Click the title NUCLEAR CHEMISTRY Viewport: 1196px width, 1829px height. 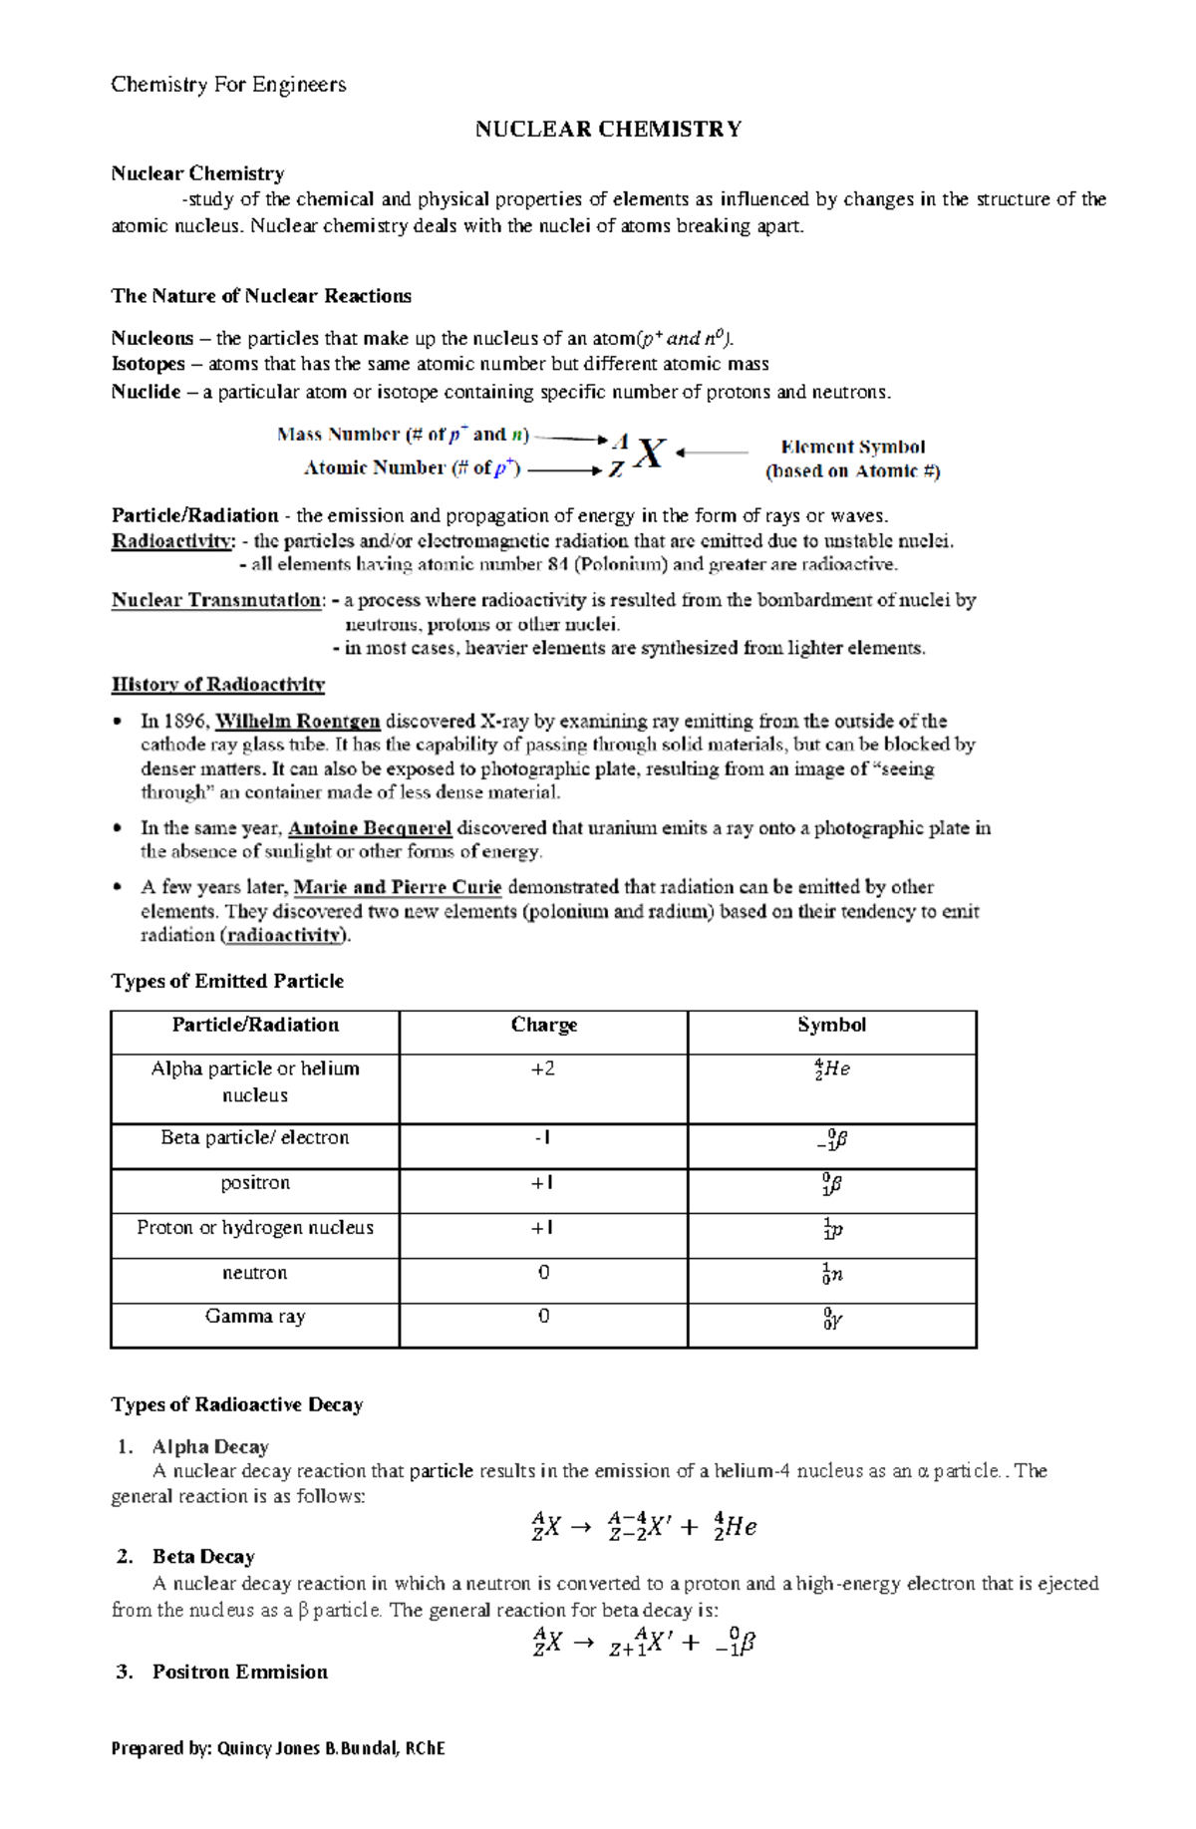tap(608, 130)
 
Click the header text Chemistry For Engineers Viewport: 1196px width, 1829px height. tap(228, 85)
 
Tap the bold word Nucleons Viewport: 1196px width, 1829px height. tap(151, 338)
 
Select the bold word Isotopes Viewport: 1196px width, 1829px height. tap(148, 364)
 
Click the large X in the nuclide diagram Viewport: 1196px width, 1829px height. tap(650, 455)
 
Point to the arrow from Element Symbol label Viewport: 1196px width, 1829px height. tap(712, 453)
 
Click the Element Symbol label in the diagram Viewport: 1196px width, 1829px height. tap(852, 448)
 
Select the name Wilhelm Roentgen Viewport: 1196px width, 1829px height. tap(297, 721)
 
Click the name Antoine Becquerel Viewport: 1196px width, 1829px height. tap(370, 827)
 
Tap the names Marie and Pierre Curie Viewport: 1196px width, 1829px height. tap(398, 887)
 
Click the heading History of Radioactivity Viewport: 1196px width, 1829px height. tap(217, 685)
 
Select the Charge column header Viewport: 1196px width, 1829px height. tap(543, 1025)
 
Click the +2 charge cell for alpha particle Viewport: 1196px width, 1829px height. tap(543, 1069)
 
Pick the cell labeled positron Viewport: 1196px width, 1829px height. tap(255, 1183)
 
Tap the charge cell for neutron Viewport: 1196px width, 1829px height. tap(543, 1273)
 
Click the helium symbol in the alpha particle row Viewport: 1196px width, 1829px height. tap(832, 1069)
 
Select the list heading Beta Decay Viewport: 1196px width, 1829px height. tap(203, 1557)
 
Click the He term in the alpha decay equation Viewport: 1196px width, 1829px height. tap(736, 1526)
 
